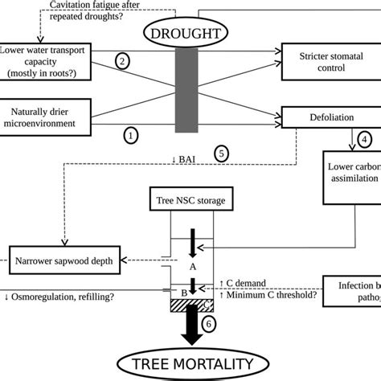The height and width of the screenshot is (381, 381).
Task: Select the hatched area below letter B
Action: [190, 305]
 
